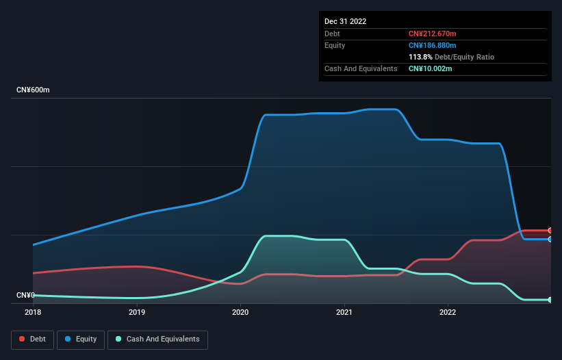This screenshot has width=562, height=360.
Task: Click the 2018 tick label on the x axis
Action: click(x=33, y=312)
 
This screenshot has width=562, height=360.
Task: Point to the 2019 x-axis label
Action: click(x=137, y=312)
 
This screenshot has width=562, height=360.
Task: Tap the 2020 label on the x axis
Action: click(x=240, y=312)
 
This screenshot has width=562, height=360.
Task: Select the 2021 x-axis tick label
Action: click(x=344, y=312)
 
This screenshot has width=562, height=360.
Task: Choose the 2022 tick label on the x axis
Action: click(x=448, y=312)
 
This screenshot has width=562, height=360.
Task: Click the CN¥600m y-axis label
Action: click(x=34, y=90)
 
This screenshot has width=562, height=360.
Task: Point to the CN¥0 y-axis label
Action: click(x=25, y=295)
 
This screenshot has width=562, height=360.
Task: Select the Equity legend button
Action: click(x=81, y=339)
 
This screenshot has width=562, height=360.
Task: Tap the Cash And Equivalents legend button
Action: click(x=157, y=339)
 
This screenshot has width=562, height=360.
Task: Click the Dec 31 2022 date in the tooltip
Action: click(x=346, y=21)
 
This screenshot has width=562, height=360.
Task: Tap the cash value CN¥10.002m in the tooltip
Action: click(x=431, y=68)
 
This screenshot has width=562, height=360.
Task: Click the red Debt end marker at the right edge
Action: click(x=550, y=231)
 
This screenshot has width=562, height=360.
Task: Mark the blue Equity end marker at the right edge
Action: click(x=550, y=239)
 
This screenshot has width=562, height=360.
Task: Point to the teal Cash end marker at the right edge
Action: click(x=550, y=300)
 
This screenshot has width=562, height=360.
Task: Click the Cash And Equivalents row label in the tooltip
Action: click(x=361, y=68)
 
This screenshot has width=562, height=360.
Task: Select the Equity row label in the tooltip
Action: click(x=335, y=45)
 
